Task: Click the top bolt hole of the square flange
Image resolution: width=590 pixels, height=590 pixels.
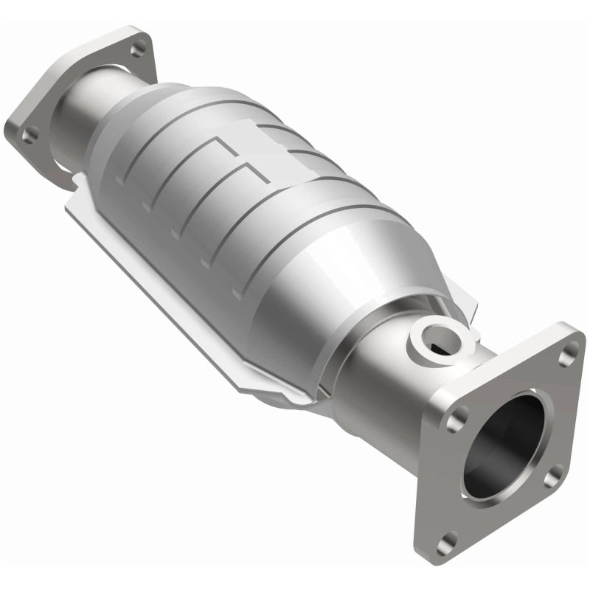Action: (566, 357)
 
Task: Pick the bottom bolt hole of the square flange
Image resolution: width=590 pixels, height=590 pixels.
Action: (442, 545)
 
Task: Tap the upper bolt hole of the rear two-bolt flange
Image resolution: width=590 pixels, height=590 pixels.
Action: (138, 49)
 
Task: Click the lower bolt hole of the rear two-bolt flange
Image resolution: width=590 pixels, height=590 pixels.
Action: (31, 134)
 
